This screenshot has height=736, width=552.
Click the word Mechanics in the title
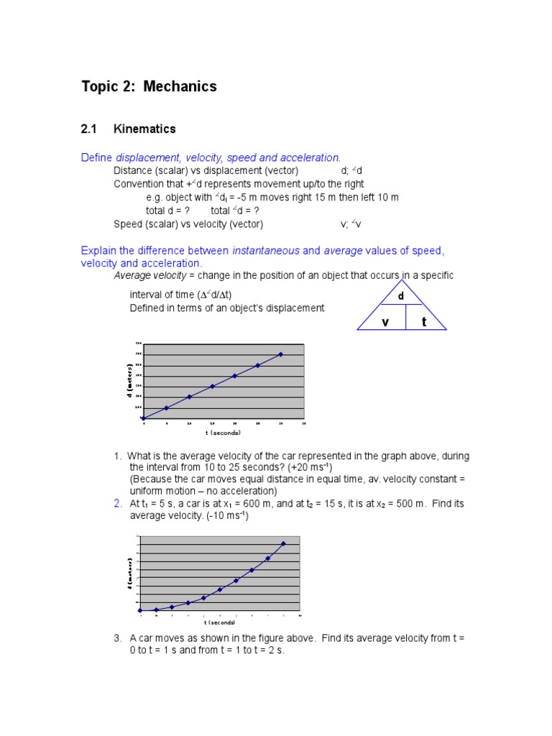point(180,87)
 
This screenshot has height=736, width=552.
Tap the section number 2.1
point(88,129)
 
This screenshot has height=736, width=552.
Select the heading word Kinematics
point(144,129)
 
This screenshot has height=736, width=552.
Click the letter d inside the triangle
point(402,296)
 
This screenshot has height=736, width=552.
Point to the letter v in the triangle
point(385,322)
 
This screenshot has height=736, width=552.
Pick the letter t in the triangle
point(424,322)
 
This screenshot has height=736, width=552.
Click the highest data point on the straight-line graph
point(280,354)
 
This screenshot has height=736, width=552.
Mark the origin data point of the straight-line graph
point(144,418)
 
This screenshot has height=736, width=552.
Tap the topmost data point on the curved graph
point(283,543)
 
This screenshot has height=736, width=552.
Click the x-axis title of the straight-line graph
point(223,433)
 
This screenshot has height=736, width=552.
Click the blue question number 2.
point(117,503)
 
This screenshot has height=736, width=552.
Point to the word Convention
point(139,184)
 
